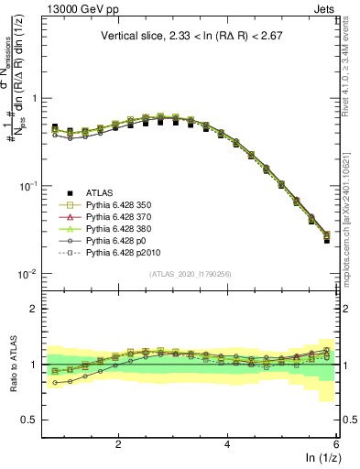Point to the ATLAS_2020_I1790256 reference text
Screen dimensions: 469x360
(x=191, y=274)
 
